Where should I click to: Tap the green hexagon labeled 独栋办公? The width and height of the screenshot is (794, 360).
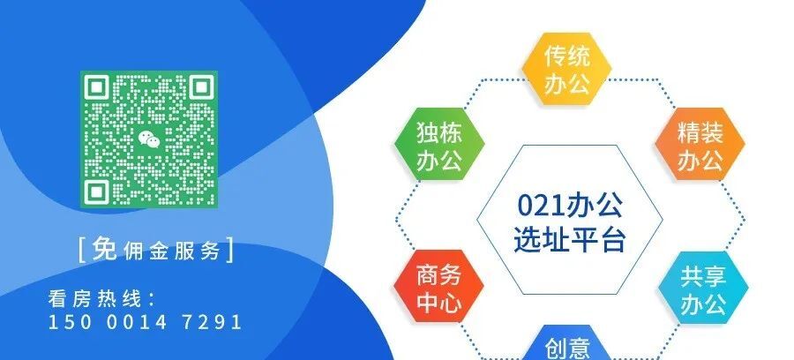pyautogui.click(x=438, y=146)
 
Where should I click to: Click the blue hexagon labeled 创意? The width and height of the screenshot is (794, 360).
pyautogui.click(x=566, y=348)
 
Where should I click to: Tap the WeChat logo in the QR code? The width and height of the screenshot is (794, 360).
pyautogui.click(x=148, y=138)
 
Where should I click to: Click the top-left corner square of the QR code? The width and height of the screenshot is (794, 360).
pyautogui.click(x=97, y=87)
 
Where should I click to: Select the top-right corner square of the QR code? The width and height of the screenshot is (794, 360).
pyautogui.click(x=199, y=87)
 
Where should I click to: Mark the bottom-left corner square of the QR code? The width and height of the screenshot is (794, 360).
pyautogui.click(x=97, y=190)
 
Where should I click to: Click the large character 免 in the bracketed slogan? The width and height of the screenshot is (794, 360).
pyautogui.click(x=103, y=250)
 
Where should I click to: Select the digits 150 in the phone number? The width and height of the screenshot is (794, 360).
pyautogui.click(x=66, y=322)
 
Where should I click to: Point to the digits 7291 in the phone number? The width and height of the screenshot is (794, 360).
pyautogui.click(x=210, y=322)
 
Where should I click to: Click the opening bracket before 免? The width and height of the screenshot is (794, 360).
pyautogui.click(x=82, y=251)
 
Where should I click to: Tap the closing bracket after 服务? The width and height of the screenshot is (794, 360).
pyautogui.click(x=232, y=251)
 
